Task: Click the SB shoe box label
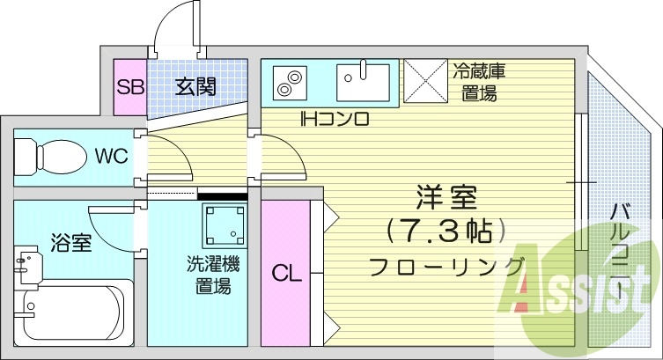(130, 87)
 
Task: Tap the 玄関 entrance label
(195, 87)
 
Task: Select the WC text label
(112, 158)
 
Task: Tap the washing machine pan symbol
(224, 225)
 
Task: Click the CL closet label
(286, 274)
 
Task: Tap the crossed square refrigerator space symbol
(426, 82)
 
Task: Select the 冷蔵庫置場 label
(480, 81)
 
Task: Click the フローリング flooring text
(446, 266)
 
